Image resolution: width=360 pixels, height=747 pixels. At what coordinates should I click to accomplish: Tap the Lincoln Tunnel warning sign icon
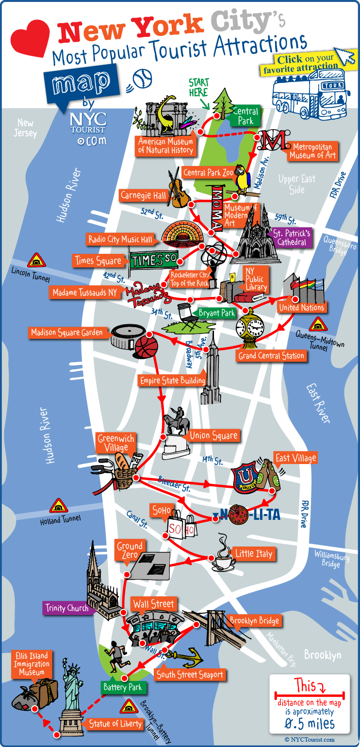(x=36, y=261)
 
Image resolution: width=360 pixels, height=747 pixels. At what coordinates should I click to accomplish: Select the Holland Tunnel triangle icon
(x=59, y=506)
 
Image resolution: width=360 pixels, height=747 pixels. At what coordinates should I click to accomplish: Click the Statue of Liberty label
(x=115, y=724)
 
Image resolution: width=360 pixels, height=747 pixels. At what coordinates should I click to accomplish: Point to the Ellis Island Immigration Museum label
(x=32, y=664)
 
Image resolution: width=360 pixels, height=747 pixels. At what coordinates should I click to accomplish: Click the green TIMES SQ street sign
(x=154, y=260)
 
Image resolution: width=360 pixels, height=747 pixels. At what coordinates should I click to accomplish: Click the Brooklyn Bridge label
(x=254, y=621)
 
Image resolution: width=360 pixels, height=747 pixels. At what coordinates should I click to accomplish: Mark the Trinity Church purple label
(x=67, y=608)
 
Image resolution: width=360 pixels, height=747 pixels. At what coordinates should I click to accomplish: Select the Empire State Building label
(x=172, y=381)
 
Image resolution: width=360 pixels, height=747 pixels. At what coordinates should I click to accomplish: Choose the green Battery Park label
(x=122, y=687)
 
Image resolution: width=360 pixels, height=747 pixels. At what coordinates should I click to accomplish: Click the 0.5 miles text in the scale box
(x=309, y=723)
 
